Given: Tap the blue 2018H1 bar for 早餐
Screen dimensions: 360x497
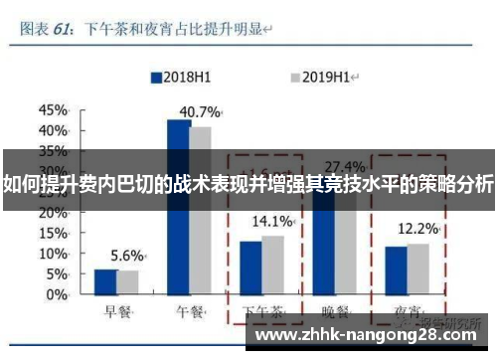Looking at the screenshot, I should pyautogui.click(x=105, y=283).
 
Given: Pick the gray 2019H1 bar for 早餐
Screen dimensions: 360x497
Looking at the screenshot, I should pyautogui.click(x=127, y=284).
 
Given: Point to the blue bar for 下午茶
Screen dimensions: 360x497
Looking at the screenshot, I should pyautogui.click(x=250, y=270).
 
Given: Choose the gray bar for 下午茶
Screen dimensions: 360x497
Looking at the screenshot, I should pyautogui.click(x=272, y=267).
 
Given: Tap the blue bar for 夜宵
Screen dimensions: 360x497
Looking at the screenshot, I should pyautogui.click(x=397, y=271).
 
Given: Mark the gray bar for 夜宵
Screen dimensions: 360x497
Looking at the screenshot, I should pyautogui.click(x=418, y=270).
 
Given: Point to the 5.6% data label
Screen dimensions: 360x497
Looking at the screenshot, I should pyautogui.click(x=127, y=255).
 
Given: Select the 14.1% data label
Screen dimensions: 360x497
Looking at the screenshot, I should pyautogui.click(x=272, y=221).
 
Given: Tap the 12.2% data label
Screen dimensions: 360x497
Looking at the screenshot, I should pyautogui.click(x=417, y=229).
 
